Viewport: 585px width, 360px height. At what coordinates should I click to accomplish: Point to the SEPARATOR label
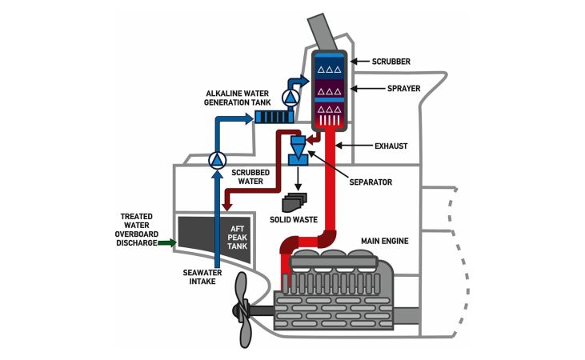[x=371, y=182]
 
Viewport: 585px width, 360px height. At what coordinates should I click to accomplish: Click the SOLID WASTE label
[x=294, y=220]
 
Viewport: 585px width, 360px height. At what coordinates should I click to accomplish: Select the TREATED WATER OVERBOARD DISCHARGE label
[x=142, y=230]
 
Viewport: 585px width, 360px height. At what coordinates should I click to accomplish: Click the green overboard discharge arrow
[x=166, y=242]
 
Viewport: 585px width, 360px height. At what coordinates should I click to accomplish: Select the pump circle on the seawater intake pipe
[x=217, y=160]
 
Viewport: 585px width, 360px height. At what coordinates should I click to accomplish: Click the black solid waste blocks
[x=295, y=202]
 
